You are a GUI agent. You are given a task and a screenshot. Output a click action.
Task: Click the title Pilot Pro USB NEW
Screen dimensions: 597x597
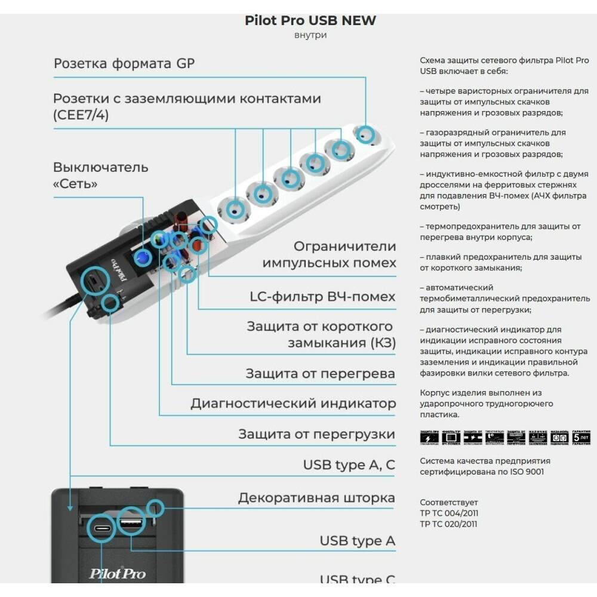[310, 20]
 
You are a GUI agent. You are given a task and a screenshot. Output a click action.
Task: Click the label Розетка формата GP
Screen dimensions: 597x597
[124, 63]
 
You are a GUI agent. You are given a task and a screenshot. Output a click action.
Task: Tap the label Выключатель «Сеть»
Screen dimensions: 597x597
[100, 175]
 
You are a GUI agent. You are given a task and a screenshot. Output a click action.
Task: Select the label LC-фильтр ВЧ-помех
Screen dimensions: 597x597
[322, 297]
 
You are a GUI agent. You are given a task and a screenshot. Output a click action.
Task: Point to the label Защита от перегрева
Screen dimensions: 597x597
[320, 374]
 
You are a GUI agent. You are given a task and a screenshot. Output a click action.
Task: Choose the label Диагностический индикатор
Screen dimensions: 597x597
[293, 404]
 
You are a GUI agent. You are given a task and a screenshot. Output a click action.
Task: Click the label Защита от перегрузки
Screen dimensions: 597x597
[316, 434]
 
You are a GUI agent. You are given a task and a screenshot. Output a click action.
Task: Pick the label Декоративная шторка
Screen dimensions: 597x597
[316, 498]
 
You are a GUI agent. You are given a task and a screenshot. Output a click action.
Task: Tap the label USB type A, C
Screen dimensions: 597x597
[349, 465]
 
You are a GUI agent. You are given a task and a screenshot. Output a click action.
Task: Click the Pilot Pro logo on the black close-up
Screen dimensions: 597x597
[118, 574]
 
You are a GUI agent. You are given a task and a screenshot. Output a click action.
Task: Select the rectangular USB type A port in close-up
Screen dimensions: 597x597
[131, 523]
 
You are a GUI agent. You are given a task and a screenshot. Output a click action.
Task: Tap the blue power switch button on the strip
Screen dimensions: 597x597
[142, 257]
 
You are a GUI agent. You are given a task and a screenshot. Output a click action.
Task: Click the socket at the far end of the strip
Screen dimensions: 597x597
[365, 134]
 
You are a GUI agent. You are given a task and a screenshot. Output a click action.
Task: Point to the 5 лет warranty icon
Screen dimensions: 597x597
[581, 438]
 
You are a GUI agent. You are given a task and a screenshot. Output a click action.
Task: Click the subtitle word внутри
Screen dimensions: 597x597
[310, 35]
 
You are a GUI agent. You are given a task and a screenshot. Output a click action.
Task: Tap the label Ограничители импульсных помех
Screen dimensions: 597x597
[329, 254]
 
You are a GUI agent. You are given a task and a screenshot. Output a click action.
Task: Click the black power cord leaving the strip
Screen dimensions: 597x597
[60, 310]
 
